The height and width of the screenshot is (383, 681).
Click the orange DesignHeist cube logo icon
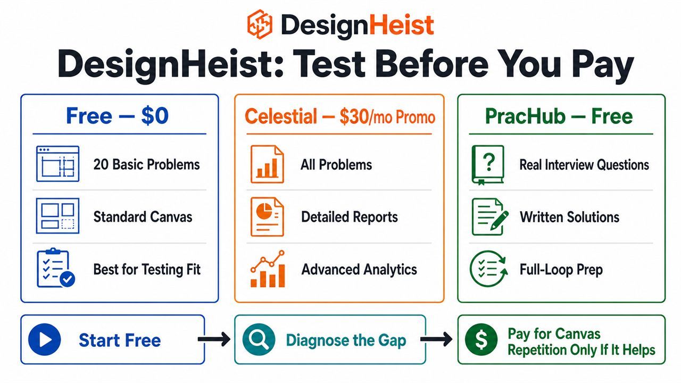point(260,24)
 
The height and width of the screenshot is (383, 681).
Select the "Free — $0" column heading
point(118,116)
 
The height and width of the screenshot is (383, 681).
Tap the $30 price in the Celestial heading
point(354,116)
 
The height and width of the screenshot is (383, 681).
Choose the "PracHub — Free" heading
point(559,116)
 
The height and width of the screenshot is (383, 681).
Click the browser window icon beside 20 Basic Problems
point(58,164)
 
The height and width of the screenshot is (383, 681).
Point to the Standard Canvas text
point(143,217)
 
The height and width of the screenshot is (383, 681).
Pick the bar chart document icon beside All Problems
point(267,164)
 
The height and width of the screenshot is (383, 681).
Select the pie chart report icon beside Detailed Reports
point(267,217)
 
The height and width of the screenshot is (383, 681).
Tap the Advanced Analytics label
point(359,270)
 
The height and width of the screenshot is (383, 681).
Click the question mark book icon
point(488,165)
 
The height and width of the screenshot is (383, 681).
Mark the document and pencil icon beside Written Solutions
point(490,217)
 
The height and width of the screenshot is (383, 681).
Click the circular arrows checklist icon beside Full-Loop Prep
point(489,269)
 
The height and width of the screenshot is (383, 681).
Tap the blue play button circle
point(44,339)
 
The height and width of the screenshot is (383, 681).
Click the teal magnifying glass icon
point(259,339)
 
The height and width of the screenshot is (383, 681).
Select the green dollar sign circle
point(481,339)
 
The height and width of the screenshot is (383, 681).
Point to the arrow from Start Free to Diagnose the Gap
point(214,339)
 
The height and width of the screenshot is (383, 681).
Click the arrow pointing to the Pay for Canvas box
point(436,339)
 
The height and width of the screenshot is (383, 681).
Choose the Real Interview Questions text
point(584,165)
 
